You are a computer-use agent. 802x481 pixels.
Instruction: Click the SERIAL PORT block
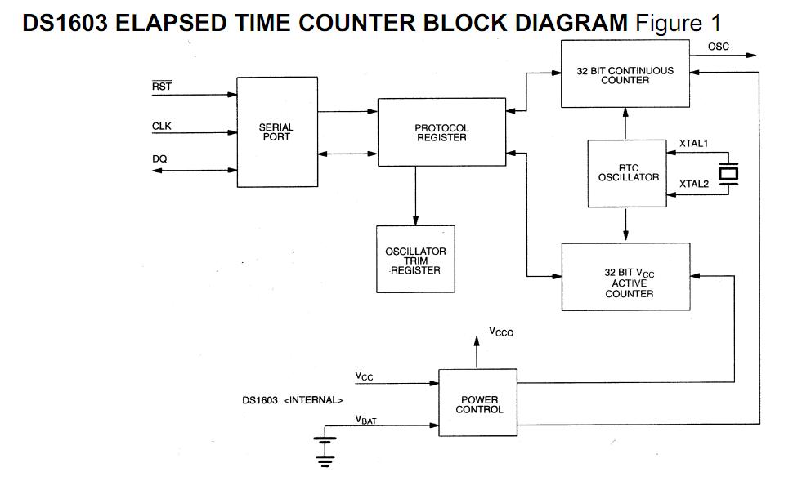click(x=276, y=131)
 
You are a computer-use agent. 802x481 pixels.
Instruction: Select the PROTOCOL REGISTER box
click(x=441, y=132)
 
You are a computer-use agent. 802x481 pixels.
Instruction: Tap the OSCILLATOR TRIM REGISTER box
click(x=415, y=259)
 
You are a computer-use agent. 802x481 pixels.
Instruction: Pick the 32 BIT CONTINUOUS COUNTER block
click(x=625, y=75)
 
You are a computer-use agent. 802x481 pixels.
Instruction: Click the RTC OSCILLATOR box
click(x=627, y=172)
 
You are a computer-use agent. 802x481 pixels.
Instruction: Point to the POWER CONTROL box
click(x=478, y=403)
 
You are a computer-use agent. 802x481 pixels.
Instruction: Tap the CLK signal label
click(x=162, y=126)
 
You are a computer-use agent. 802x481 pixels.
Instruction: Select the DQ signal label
click(x=159, y=159)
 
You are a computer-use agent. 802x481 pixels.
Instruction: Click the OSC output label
click(x=719, y=47)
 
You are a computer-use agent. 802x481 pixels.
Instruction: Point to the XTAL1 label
click(x=693, y=144)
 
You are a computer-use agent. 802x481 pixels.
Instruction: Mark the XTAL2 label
click(x=693, y=184)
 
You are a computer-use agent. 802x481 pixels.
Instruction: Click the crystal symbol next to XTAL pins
click(x=728, y=174)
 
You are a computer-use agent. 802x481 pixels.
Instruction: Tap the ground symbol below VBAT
click(x=325, y=452)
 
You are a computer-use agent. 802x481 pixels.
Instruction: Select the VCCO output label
click(x=501, y=332)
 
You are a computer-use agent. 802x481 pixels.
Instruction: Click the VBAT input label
click(x=365, y=419)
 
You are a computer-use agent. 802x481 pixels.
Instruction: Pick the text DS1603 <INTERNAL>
click(x=292, y=400)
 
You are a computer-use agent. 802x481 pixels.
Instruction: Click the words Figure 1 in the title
click(x=677, y=23)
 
